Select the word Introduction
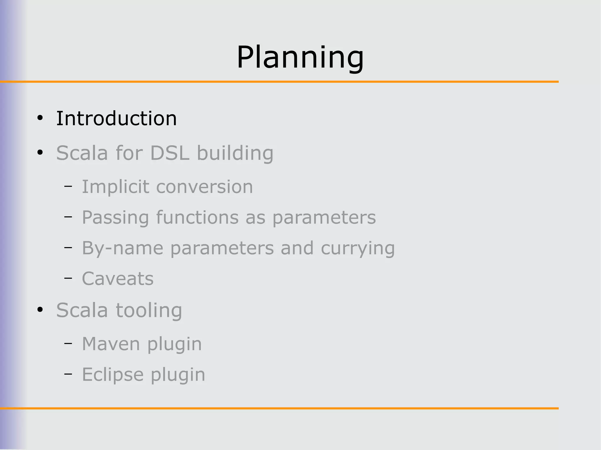[116, 118]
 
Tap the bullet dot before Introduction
[40, 118]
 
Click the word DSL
[170, 153]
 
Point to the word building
[235, 153]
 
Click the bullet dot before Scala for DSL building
[40, 153]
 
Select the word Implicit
[115, 187]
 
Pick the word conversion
[204, 187]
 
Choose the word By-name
[122, 248]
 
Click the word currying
[358, 248]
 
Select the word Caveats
[117, 279]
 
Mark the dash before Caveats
[68, 278]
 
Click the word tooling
[149, 310]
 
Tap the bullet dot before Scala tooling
[40, 310]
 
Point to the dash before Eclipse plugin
[68, 373]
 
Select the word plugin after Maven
[174, 344]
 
